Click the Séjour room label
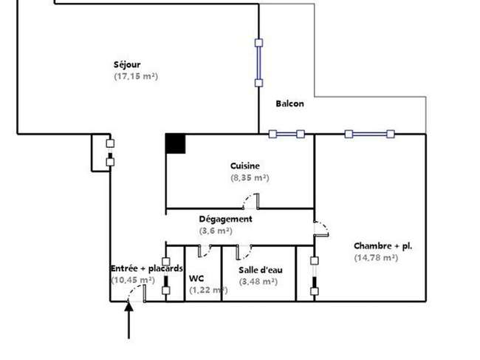click(x=127, y=65)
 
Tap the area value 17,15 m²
click(x=136, y=76)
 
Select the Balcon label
click(x=290, y=103)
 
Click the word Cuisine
click(x=245, y=166)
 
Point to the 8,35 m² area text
click(x=250, y=177)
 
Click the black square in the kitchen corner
click(x=176, y=143)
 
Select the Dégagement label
click(x=226, y=220)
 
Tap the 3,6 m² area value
click(x=216, y=231)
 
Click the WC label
click(x=196, y=279)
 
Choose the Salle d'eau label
click(x=261, y=270)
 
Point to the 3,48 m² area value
click(x=258, y=282)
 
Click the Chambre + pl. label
click(x=383, y=246)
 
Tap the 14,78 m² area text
click(x=376, y=258)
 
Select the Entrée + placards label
click(x=147, y=268)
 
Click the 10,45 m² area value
click(x=133, y=280)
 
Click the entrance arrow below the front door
click(x=128, y=320)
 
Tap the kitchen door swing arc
click(x=247, y=199)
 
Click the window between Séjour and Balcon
click(x=258, y=63)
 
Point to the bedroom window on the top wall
click(x=369, y=134)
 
